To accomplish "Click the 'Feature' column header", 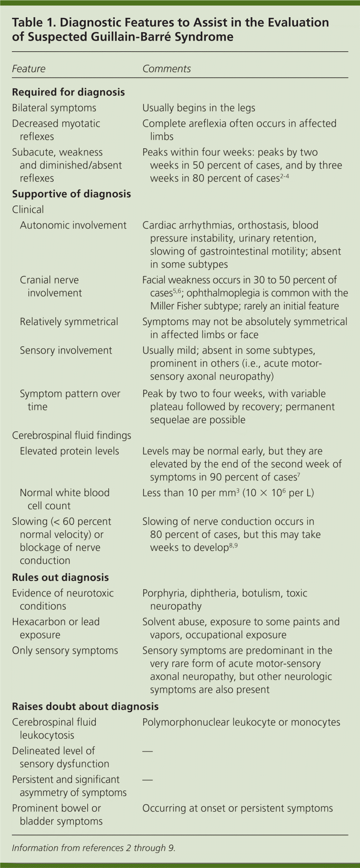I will pyautogui.click(x=29, y=69).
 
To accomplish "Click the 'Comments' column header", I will pyautogui.click(x=166, y=69).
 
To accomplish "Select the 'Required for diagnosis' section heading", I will pyautogui.click(x=68, y=92).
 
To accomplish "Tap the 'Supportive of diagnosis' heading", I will pyautogui.click(x=71, y=194).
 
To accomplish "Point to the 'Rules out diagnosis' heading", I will pyautogui.click(x=60, y=577).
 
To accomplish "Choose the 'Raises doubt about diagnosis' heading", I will pyautogui.click(x=85, y=706).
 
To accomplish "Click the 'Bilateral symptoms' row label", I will pyautogui.click(x=54, y=108).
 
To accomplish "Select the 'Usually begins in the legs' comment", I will pyautogui.click(x=199, y=108).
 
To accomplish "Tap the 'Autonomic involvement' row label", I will pyautogui.click(x=73, y=225).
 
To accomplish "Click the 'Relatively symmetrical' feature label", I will pyautogui.click(x=69, y=322).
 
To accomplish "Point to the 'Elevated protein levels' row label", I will pyautogui.click(x=69, y=451).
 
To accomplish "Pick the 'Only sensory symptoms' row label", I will pyautogui.click(x=65, y=650).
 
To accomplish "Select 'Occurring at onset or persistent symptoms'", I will pyautogui.click(x=237, y=808).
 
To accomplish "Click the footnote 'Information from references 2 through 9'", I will pyautogui.click(x=94, y=848).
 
